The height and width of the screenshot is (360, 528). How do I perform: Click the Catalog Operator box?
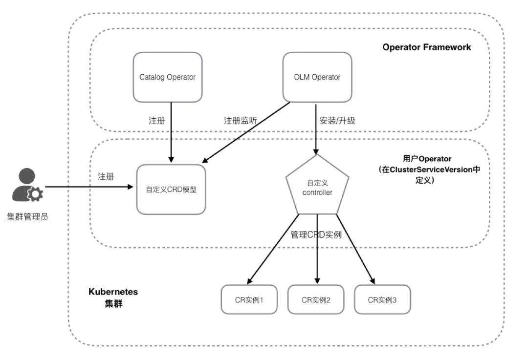tap(167, 77)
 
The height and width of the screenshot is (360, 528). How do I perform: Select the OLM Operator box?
tap(317, 77)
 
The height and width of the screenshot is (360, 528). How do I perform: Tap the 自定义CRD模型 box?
tap(171, 190)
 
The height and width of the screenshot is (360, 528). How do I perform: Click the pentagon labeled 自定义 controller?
tap(317, 189)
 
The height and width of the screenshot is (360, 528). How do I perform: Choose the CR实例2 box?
tap(316, 299)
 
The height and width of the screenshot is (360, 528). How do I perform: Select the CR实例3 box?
tap(382, 299)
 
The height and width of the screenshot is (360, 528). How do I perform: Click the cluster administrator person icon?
tap(27, 186)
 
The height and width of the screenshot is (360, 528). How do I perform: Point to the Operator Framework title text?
tap(427, 47)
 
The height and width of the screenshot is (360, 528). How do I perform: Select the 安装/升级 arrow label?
tap(337, 121)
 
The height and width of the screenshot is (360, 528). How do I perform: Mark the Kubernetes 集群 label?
tap(113, 297)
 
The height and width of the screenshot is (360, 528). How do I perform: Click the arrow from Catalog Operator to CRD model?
tap(171, 132)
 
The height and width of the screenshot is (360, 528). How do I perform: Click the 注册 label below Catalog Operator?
tap(156, 121)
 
